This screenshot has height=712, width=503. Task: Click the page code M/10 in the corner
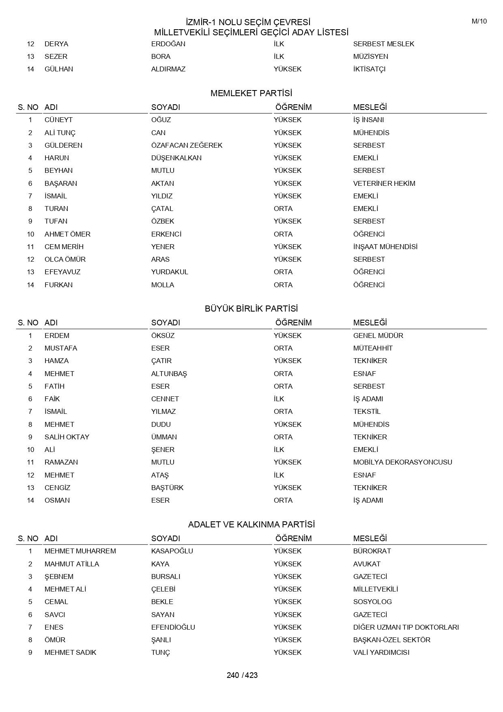tap(479, 22)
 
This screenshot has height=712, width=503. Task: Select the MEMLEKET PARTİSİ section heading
tap(251, 94)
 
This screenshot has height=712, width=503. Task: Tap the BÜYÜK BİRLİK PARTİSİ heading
tap(251, 309)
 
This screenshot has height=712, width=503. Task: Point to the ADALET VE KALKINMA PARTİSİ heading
tap(251, 525)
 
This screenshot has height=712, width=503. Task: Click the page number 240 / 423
tap(242, 675)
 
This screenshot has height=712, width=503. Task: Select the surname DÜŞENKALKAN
tap(176, 158)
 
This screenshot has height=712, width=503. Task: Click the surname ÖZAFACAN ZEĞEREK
tap(187, 145)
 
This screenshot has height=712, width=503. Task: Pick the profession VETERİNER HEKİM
tap(384, 183)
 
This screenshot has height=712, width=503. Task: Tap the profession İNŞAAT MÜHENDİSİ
tap(385, 247)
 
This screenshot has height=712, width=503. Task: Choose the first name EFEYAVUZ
tap(62, 272)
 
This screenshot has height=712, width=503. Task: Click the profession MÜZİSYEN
tap(370, 56)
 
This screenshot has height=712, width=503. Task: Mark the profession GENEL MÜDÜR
tap(378, 336)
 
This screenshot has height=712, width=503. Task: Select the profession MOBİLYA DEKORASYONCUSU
tap(402, 462)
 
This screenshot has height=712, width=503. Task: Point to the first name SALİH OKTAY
tap(67, 437)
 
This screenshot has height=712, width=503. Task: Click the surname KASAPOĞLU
tap(172, 551)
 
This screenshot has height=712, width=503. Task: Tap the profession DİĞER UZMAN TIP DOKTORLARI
tap(406, 627)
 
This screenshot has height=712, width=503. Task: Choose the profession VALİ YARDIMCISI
tap(381, 652)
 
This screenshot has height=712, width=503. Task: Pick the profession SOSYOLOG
tap(372, 602)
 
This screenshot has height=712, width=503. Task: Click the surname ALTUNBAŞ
tap(169, 374)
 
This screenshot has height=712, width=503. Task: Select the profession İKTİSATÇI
tap(369, 69)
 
